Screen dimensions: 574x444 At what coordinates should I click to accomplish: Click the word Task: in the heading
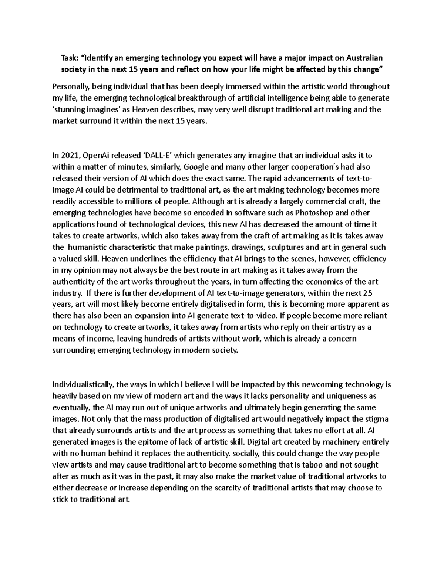tap(69, 58)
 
